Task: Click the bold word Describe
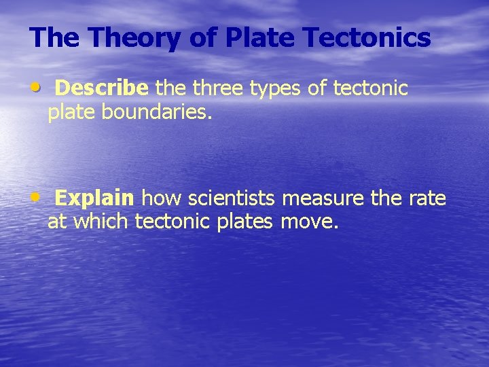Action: coord(102,88)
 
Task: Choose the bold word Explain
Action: coord(94,198)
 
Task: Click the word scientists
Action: coord(231,198)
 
